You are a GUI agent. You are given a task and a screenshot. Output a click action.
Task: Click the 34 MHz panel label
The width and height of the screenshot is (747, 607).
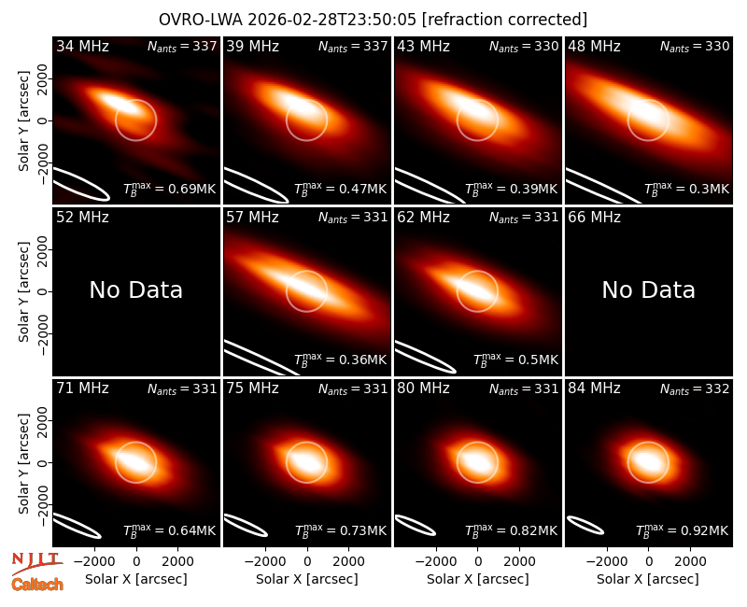click(82, 46)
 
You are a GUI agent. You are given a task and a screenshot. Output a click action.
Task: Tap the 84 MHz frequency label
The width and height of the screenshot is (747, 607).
click(594, 388)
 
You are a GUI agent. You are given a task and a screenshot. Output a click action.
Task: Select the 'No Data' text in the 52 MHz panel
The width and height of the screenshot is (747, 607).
click(136, 290)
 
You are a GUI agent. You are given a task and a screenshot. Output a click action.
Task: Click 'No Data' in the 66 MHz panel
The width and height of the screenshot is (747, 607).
click(649, 290)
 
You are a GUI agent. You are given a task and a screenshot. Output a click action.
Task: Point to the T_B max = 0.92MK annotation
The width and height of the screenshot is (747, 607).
click(682, 529)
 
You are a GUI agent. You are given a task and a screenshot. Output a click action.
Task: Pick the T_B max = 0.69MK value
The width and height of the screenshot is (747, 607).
click(170, 189)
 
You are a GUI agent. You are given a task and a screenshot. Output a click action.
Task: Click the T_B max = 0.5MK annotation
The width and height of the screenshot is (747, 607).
click(515, 360)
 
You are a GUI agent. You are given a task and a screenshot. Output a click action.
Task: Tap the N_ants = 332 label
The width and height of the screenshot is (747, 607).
click(695, 389)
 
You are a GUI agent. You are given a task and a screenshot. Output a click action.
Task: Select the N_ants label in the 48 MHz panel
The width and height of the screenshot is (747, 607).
click(695, 47)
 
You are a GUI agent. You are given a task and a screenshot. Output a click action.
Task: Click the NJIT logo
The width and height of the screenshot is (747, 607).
click(36, 562)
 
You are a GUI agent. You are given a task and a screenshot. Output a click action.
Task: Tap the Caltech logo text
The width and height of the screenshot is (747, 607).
click(37, 585)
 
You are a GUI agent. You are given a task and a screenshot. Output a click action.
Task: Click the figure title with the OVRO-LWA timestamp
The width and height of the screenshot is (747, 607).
click(373, 20)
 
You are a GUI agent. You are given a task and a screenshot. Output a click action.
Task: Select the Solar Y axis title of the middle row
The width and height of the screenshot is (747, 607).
click(23, 291)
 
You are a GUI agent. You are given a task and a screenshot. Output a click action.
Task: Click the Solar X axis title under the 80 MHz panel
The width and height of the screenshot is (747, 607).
click(478, 579)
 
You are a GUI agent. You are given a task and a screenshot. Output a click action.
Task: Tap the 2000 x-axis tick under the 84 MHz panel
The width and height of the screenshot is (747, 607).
click(690, 562)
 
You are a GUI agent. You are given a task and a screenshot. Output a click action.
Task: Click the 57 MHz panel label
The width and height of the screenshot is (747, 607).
click(252, 218)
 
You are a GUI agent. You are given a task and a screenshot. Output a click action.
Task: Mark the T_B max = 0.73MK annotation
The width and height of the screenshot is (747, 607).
click(340, 529)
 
